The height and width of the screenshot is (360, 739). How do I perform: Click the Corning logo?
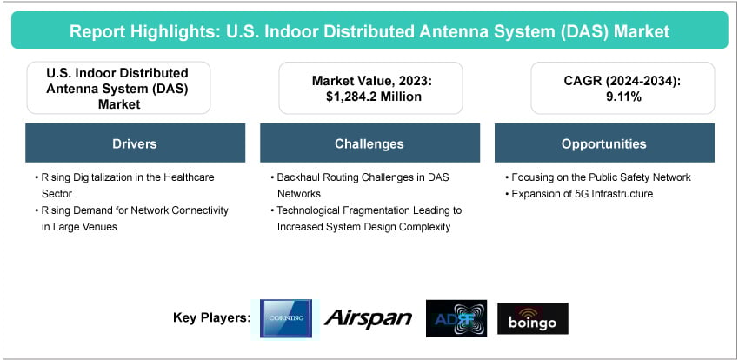[x=287, y=318]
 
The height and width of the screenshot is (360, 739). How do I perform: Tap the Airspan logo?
[x=368, y=318]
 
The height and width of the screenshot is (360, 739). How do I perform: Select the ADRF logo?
[x=456, y=318]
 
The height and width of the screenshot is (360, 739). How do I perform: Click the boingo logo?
[x=533, y=318]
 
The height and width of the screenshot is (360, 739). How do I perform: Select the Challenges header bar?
[x=369, y=143]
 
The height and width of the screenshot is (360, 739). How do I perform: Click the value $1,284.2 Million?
[x=370, y=97]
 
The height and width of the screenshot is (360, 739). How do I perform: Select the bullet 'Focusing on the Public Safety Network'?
[x=600, y=177]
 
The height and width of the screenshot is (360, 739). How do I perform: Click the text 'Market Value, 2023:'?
[x=370, y=81]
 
